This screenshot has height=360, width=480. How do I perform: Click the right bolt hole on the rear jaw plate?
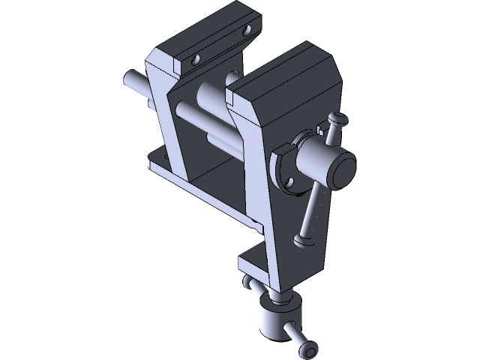[247, 31]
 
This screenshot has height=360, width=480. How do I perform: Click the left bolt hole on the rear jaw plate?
[196, 58]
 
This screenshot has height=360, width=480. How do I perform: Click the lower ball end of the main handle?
[304, 241]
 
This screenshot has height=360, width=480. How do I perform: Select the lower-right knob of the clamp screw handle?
[307, 351]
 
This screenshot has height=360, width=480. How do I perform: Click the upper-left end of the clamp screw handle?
[247, 282]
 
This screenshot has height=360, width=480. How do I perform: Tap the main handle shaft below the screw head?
[311, 214]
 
